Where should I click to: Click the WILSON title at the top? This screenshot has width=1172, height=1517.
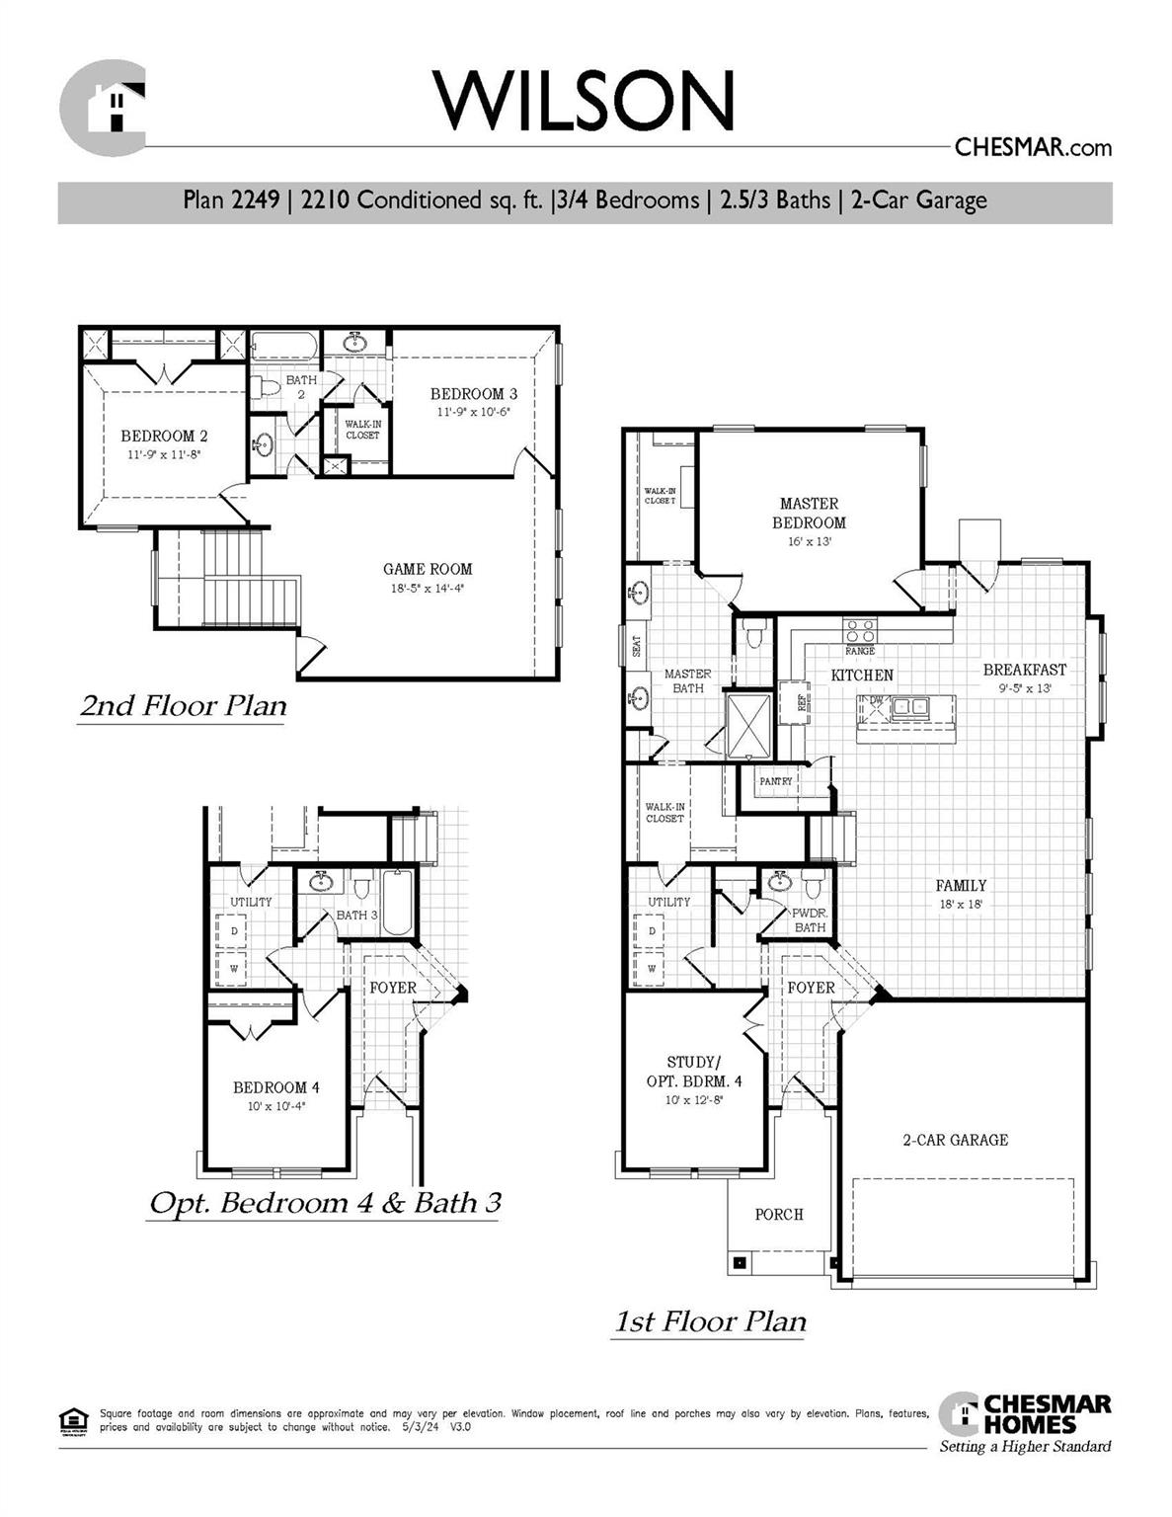click(x=585, y=100)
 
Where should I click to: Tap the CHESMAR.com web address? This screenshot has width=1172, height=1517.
click(x=1033, y=148)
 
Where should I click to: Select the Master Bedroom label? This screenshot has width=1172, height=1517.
click(x=809, y=513)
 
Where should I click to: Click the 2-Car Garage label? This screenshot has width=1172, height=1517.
click(x=955, y=1140)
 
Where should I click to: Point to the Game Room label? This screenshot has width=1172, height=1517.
click(x=428, y=569)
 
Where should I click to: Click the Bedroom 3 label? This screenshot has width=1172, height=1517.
click(x=473, y=394)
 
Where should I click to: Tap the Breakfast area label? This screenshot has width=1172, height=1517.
click(x=1024, y=670)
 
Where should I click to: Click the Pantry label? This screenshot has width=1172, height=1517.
click(x=776, y=781)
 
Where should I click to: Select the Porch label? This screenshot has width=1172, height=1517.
click(x=779, y=1214)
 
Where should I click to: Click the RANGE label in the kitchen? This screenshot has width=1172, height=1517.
click(x=859, y=652)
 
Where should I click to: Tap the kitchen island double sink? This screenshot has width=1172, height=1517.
click(x=910, y=706)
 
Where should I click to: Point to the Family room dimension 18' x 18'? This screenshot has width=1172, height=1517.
click(x=961, y=904)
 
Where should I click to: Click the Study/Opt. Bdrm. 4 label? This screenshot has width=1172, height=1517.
click(x=694, y=1072)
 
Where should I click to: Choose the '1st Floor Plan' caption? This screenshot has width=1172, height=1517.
click(x=710, y=1321)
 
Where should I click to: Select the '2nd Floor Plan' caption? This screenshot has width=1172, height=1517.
click(x=183, y=706)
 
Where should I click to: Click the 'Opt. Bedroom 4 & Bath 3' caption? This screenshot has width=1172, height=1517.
click(x=325, y=1203)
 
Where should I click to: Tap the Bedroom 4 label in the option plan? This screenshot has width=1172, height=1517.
click(x=275, y=1087)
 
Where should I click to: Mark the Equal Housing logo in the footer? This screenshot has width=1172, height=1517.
click(x=74, y=1421)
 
